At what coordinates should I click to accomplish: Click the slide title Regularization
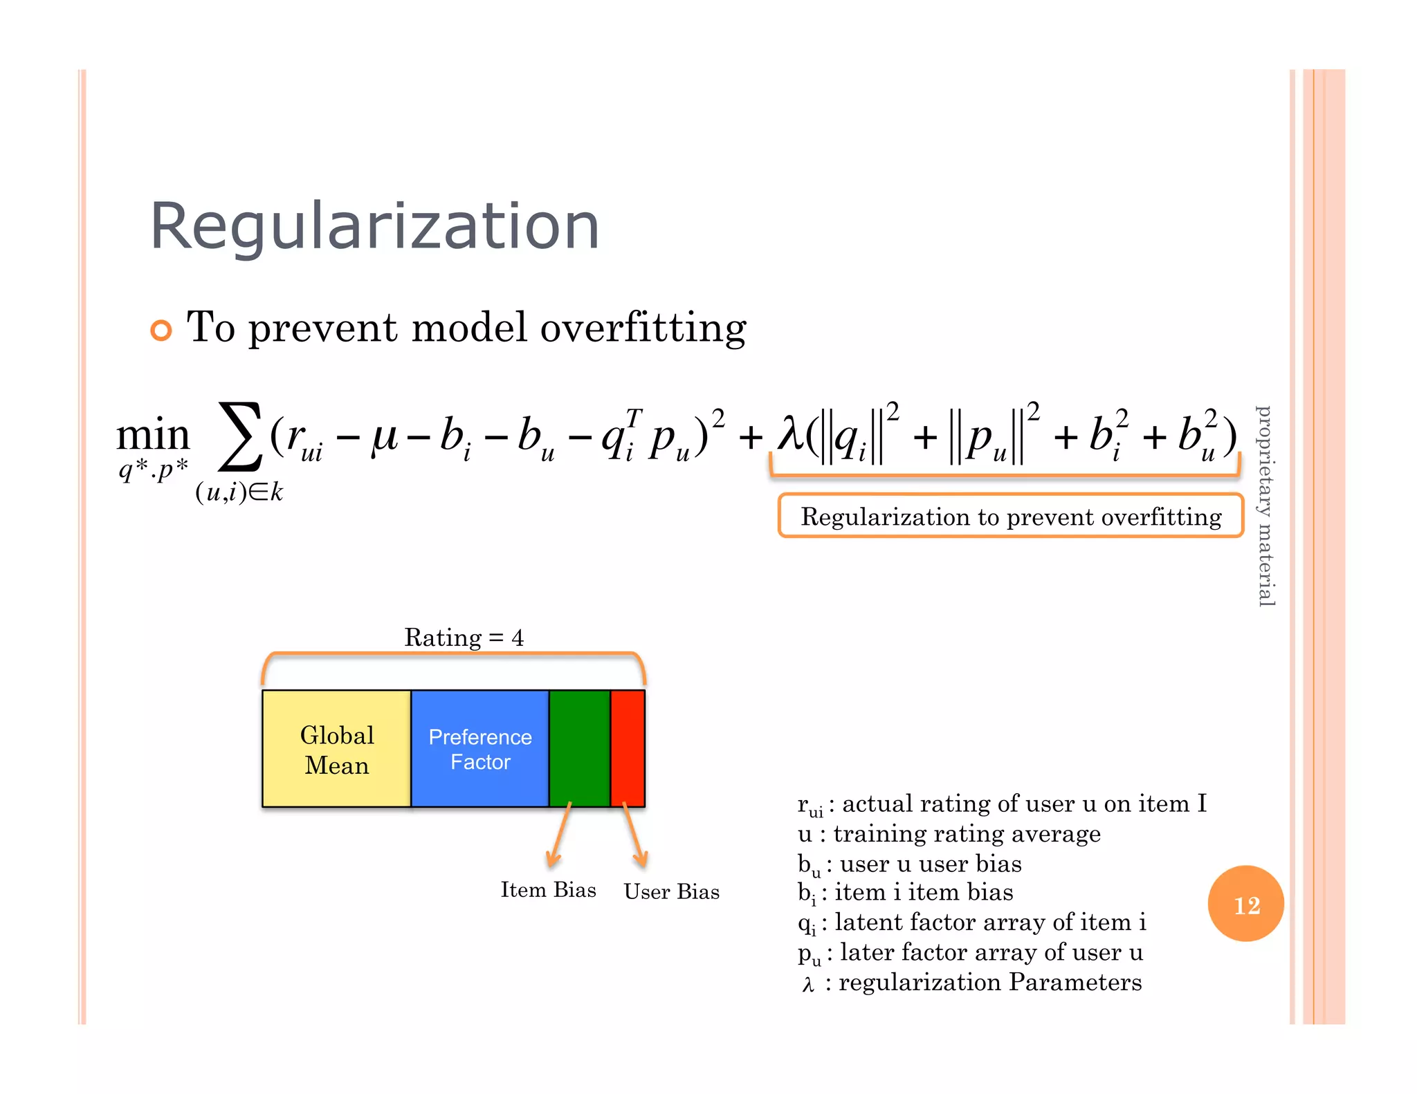[x=374, y=227]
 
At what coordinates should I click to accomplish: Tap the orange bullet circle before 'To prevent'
[x=161, y=331]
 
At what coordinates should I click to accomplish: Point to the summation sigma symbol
[x=240, y=436]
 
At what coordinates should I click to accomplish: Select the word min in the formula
[x=153, y=436]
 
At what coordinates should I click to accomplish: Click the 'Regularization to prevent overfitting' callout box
[x=1011, y=516]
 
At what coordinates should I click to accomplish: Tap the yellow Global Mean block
[x=337, y=749]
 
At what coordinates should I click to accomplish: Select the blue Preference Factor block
[x=480, y=749]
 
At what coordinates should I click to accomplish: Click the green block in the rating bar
[x=580, y=749]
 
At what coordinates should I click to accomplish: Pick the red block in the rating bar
[x=628, y=749]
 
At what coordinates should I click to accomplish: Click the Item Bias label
[x=548, y=890]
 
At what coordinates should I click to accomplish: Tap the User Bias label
[x=671, y=892]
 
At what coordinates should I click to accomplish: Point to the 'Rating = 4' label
[x=464, y=637]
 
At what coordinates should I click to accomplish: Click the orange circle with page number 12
[x=1245, y=904]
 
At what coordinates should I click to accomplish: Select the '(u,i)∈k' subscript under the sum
[x=239, y=492]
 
